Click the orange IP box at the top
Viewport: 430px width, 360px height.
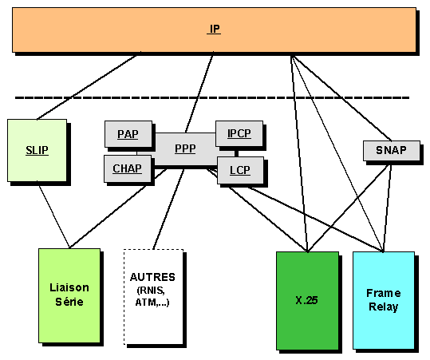pos(214,30)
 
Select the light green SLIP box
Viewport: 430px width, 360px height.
pos(37,150)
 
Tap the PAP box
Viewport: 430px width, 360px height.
pos(128,134)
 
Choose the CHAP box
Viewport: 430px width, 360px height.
pos(128,168)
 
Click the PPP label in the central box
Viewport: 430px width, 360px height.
pos(185,148)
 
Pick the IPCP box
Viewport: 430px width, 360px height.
pos(239,133)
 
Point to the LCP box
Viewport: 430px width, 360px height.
pos(240,170)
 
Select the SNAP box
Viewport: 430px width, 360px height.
pos(392,150)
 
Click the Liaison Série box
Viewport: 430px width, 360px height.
pos(69,295)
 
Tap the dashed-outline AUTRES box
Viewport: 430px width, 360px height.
pos(153,297)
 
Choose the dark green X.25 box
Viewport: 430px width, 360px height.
pos(307,301)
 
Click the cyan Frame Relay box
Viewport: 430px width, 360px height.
pos(384,301)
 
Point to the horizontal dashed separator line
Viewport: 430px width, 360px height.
pos(212,97)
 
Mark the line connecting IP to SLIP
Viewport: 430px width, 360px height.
pos(87,87)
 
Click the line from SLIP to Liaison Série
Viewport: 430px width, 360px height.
pos(53,216)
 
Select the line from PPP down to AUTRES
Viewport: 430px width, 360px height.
pos(168,209)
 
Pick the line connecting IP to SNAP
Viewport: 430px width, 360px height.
pos(341,98)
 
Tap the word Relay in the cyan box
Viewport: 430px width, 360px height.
pos(384,307)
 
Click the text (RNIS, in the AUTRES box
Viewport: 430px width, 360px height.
pos(151,290)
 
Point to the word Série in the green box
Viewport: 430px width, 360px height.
pos(69,302)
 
